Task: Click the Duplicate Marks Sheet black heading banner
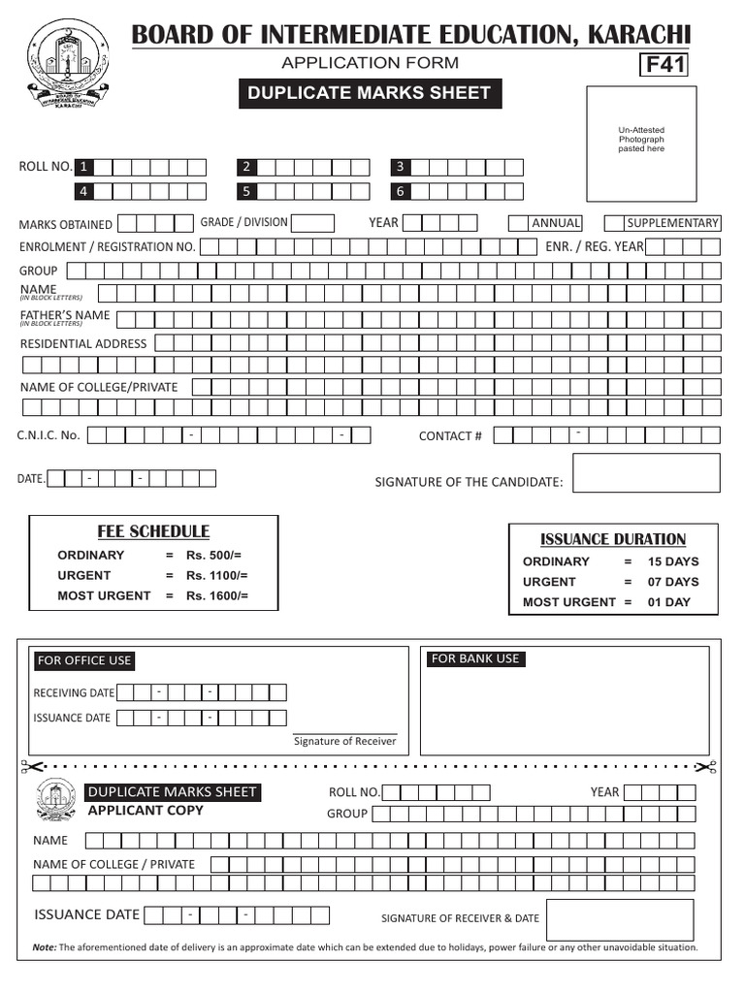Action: click(x=370, y=94)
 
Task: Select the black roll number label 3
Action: click(x=400, y=167)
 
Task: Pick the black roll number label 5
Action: click(x=247, y=191)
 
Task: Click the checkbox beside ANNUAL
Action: click(x=519, y=223)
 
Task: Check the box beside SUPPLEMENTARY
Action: click(x=615, y=223)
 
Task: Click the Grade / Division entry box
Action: click(x=312, y=223)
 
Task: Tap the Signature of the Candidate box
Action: click(x=646, y=473)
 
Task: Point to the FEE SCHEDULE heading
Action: click(x=153, y=531)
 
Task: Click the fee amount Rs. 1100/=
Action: click(x=217, y=575)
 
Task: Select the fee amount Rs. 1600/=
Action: click(x=217, y=595)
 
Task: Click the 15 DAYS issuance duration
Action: click(x=673, y=561)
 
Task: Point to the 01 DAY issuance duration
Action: click(x=669, y=602)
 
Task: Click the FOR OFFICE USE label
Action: click(x=83, y=660)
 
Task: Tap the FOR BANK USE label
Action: click(x=475, y=659)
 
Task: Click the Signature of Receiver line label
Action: click(x=345, y=742)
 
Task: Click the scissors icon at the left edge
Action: click(x=26, y=767)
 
